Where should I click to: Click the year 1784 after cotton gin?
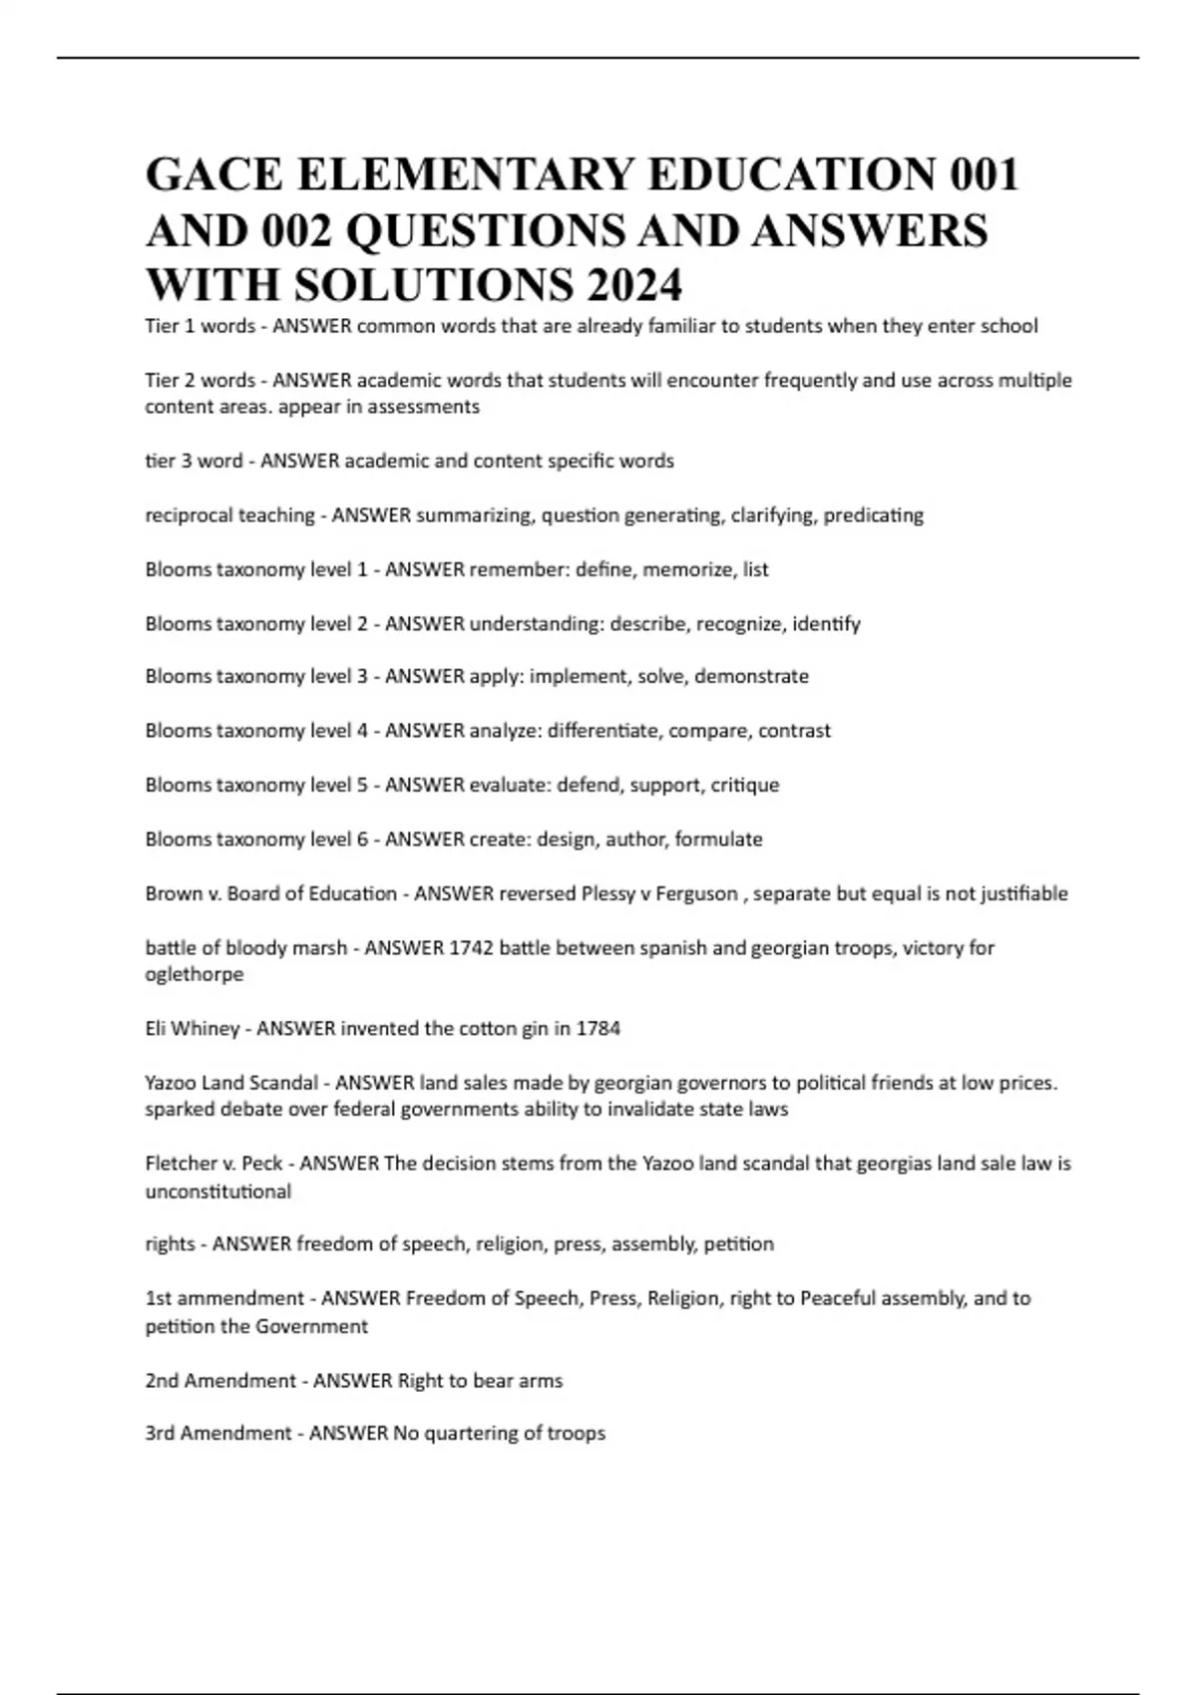point(598,1029)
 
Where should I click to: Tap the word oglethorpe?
point(195,975)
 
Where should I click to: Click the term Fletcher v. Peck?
point(213,1164)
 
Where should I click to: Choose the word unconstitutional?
point(218,1191)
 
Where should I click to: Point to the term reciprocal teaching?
point(229,515)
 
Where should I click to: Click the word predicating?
point(873,515)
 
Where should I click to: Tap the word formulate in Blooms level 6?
point(718,840)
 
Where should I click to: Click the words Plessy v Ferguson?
point(659,894)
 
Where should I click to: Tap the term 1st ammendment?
point(224,1299)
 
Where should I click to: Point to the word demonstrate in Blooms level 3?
point(751,677)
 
